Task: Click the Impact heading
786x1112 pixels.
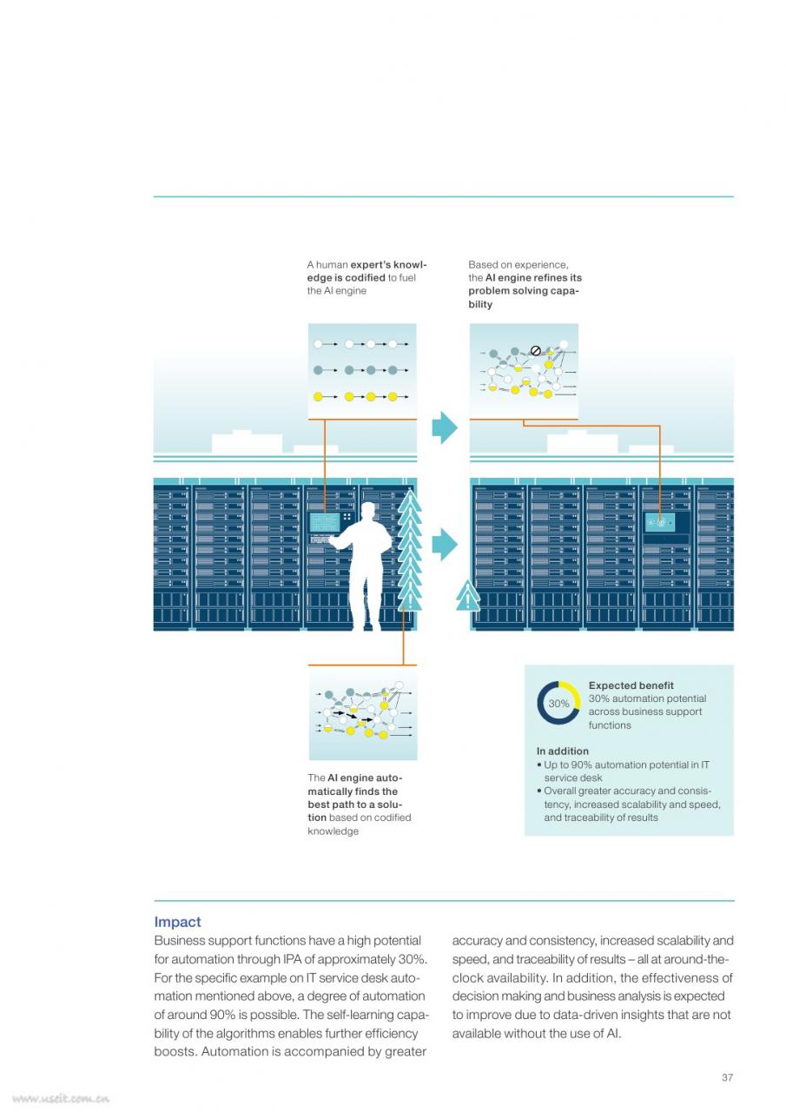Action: pos(177,922)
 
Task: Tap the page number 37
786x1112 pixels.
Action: pos(727,1077)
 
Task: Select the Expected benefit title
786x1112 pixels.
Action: pos(631,685)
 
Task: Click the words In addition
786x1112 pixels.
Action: pos(562,751)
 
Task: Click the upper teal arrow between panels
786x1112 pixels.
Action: pos(444,427)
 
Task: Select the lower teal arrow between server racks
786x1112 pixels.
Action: pos(444,545)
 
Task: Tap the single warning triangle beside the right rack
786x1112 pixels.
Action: pos(467,596)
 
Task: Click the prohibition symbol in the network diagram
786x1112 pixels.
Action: pos(535,351)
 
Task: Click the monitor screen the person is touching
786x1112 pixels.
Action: pos(325,522)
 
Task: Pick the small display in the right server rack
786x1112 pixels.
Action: pos(659,522)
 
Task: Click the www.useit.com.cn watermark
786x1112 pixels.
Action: pos(61,1098)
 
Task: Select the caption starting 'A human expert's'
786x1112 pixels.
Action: pos(367,277)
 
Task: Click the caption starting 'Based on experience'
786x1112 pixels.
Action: pos(525,284)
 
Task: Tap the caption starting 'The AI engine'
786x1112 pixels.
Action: pos(359,804)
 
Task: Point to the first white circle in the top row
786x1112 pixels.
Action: pos(319,343)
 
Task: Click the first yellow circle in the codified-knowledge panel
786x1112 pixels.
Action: pos(319,397)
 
